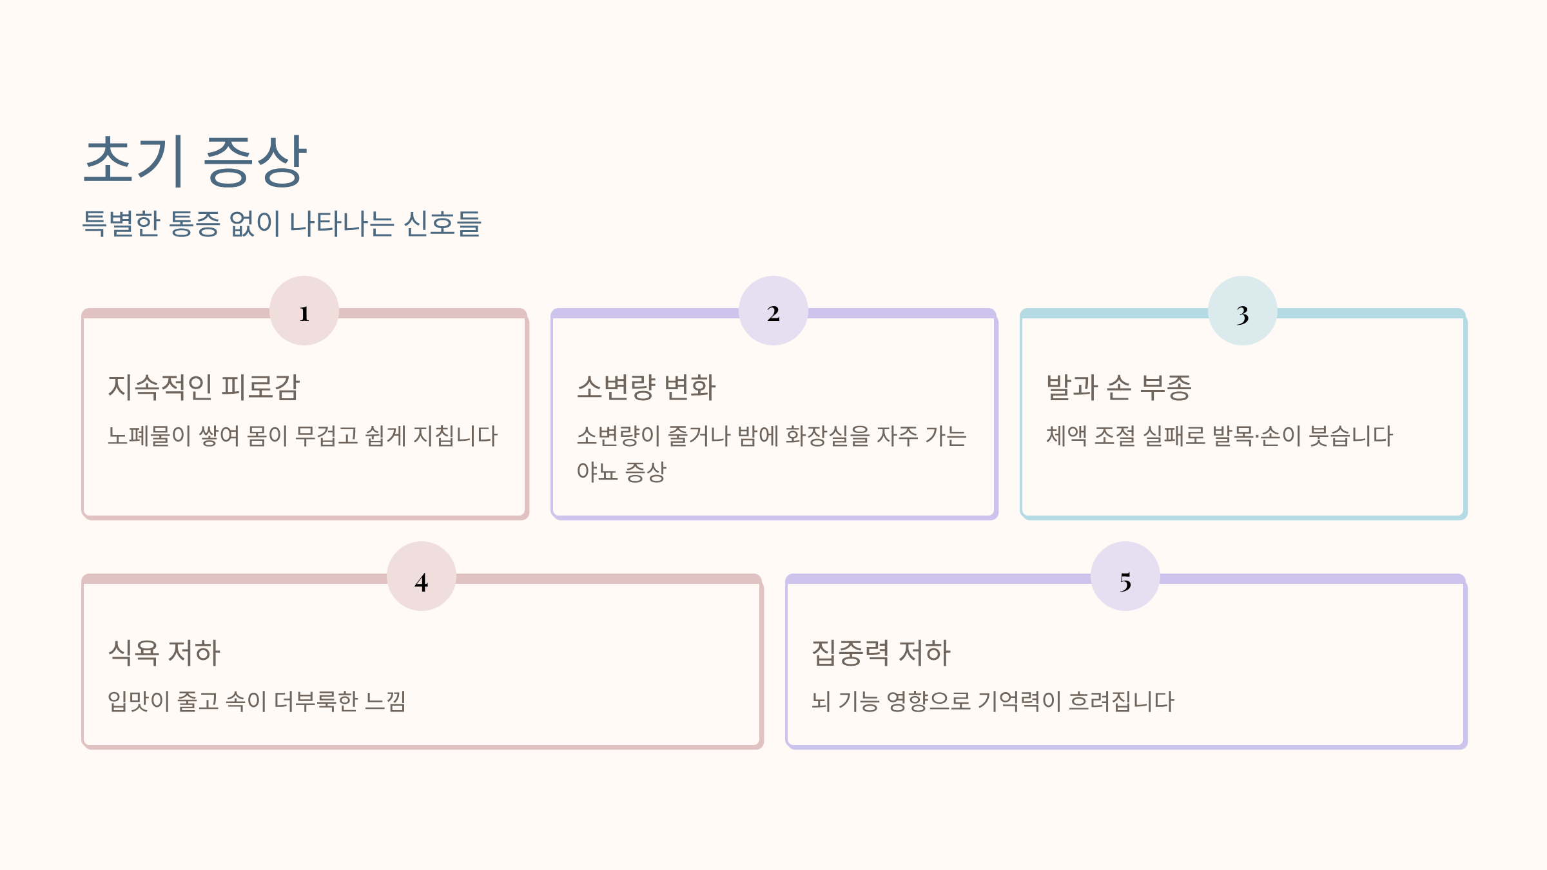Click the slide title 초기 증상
(x=195, y=161)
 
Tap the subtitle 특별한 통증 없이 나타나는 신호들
(x=282, y=224)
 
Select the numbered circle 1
(x=304, y=311)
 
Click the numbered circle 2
(x=773, y=311)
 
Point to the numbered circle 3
(x=1243, y=311)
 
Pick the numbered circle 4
(x=422, y=577)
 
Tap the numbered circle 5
(x=1125, y=577)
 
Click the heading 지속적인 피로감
(x=204, y=387)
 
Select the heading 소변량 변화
(x=646, y=387)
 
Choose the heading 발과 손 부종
(x=1118, y=387)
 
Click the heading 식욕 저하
(x=164, y=653)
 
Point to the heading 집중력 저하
(x=881, y=653)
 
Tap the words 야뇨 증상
(x=621, y=472)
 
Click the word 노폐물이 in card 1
(x=150, y=436)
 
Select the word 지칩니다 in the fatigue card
(x=455, y=436)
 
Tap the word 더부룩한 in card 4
(x=316, y=701)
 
